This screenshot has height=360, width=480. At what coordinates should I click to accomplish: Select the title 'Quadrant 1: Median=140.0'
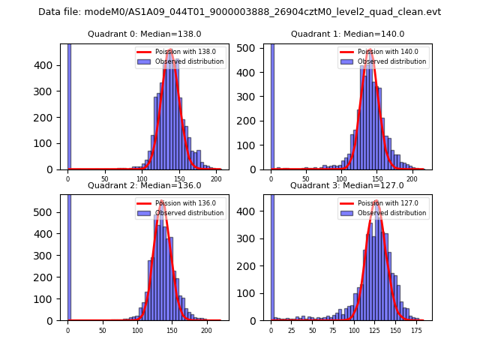pyautogui.click(x=347, y=34)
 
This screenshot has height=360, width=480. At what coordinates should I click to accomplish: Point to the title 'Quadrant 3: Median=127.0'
pyautogui.click(x=347, y=185)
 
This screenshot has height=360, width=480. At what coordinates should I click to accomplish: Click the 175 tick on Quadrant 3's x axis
pyautogui.click(x=416, y=328)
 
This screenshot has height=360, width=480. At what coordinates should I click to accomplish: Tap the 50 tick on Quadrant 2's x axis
pyautogui.click(x=102, y=328)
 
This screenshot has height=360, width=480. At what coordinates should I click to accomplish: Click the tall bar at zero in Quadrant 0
pyautogui.click(x=69, y=105)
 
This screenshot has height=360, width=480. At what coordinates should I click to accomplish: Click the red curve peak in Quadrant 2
pyautogui.click(x=161, y=202)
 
